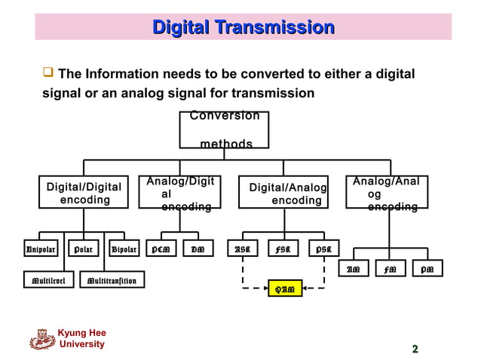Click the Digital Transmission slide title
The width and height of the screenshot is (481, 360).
coord(244,28)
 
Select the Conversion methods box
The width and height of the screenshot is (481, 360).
coord(224,130)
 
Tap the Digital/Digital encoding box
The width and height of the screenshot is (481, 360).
coord(84,193)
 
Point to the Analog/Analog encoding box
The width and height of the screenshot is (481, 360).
coord(386,193)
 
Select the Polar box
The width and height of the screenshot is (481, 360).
coord(82,249)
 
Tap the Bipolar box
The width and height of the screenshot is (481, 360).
coord(124,249)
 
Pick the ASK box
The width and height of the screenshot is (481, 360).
coord(243,249)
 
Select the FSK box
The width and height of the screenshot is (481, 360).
coord(283,249)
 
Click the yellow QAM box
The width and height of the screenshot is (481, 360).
coord(285,288)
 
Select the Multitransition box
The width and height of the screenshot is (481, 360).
coord(112,281)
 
